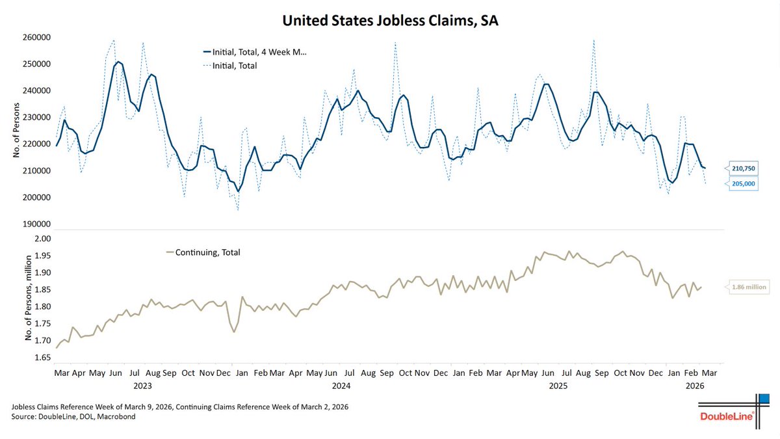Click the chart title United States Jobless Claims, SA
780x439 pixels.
[389, 21]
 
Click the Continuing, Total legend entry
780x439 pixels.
[203, 252]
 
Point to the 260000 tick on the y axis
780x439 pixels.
[33, 37]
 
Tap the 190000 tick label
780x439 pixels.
[33, 224]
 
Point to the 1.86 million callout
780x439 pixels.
[748, 287]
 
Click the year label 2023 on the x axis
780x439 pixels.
[142, 386]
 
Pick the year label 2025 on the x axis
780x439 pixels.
[558, 386]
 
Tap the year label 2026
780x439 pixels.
[695, 386]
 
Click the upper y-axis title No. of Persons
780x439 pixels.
[16, 130]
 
